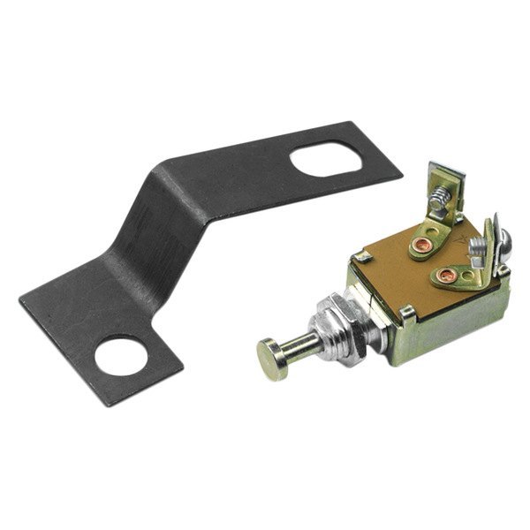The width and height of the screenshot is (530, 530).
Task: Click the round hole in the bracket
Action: (x=122, y=356)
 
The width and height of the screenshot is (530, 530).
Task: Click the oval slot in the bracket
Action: (x=325, y=159)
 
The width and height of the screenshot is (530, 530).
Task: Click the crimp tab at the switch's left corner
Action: (x=362, y=256)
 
